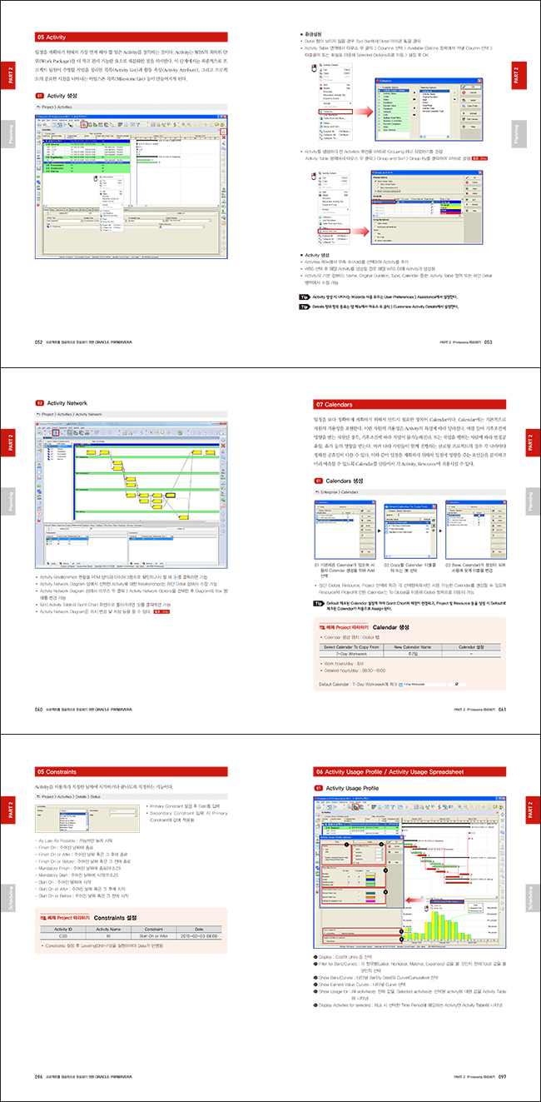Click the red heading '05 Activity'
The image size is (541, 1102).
click(x=51, y=37)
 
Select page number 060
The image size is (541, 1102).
click(x=38, y=709)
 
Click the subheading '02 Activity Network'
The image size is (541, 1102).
click(x=71, y=403)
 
